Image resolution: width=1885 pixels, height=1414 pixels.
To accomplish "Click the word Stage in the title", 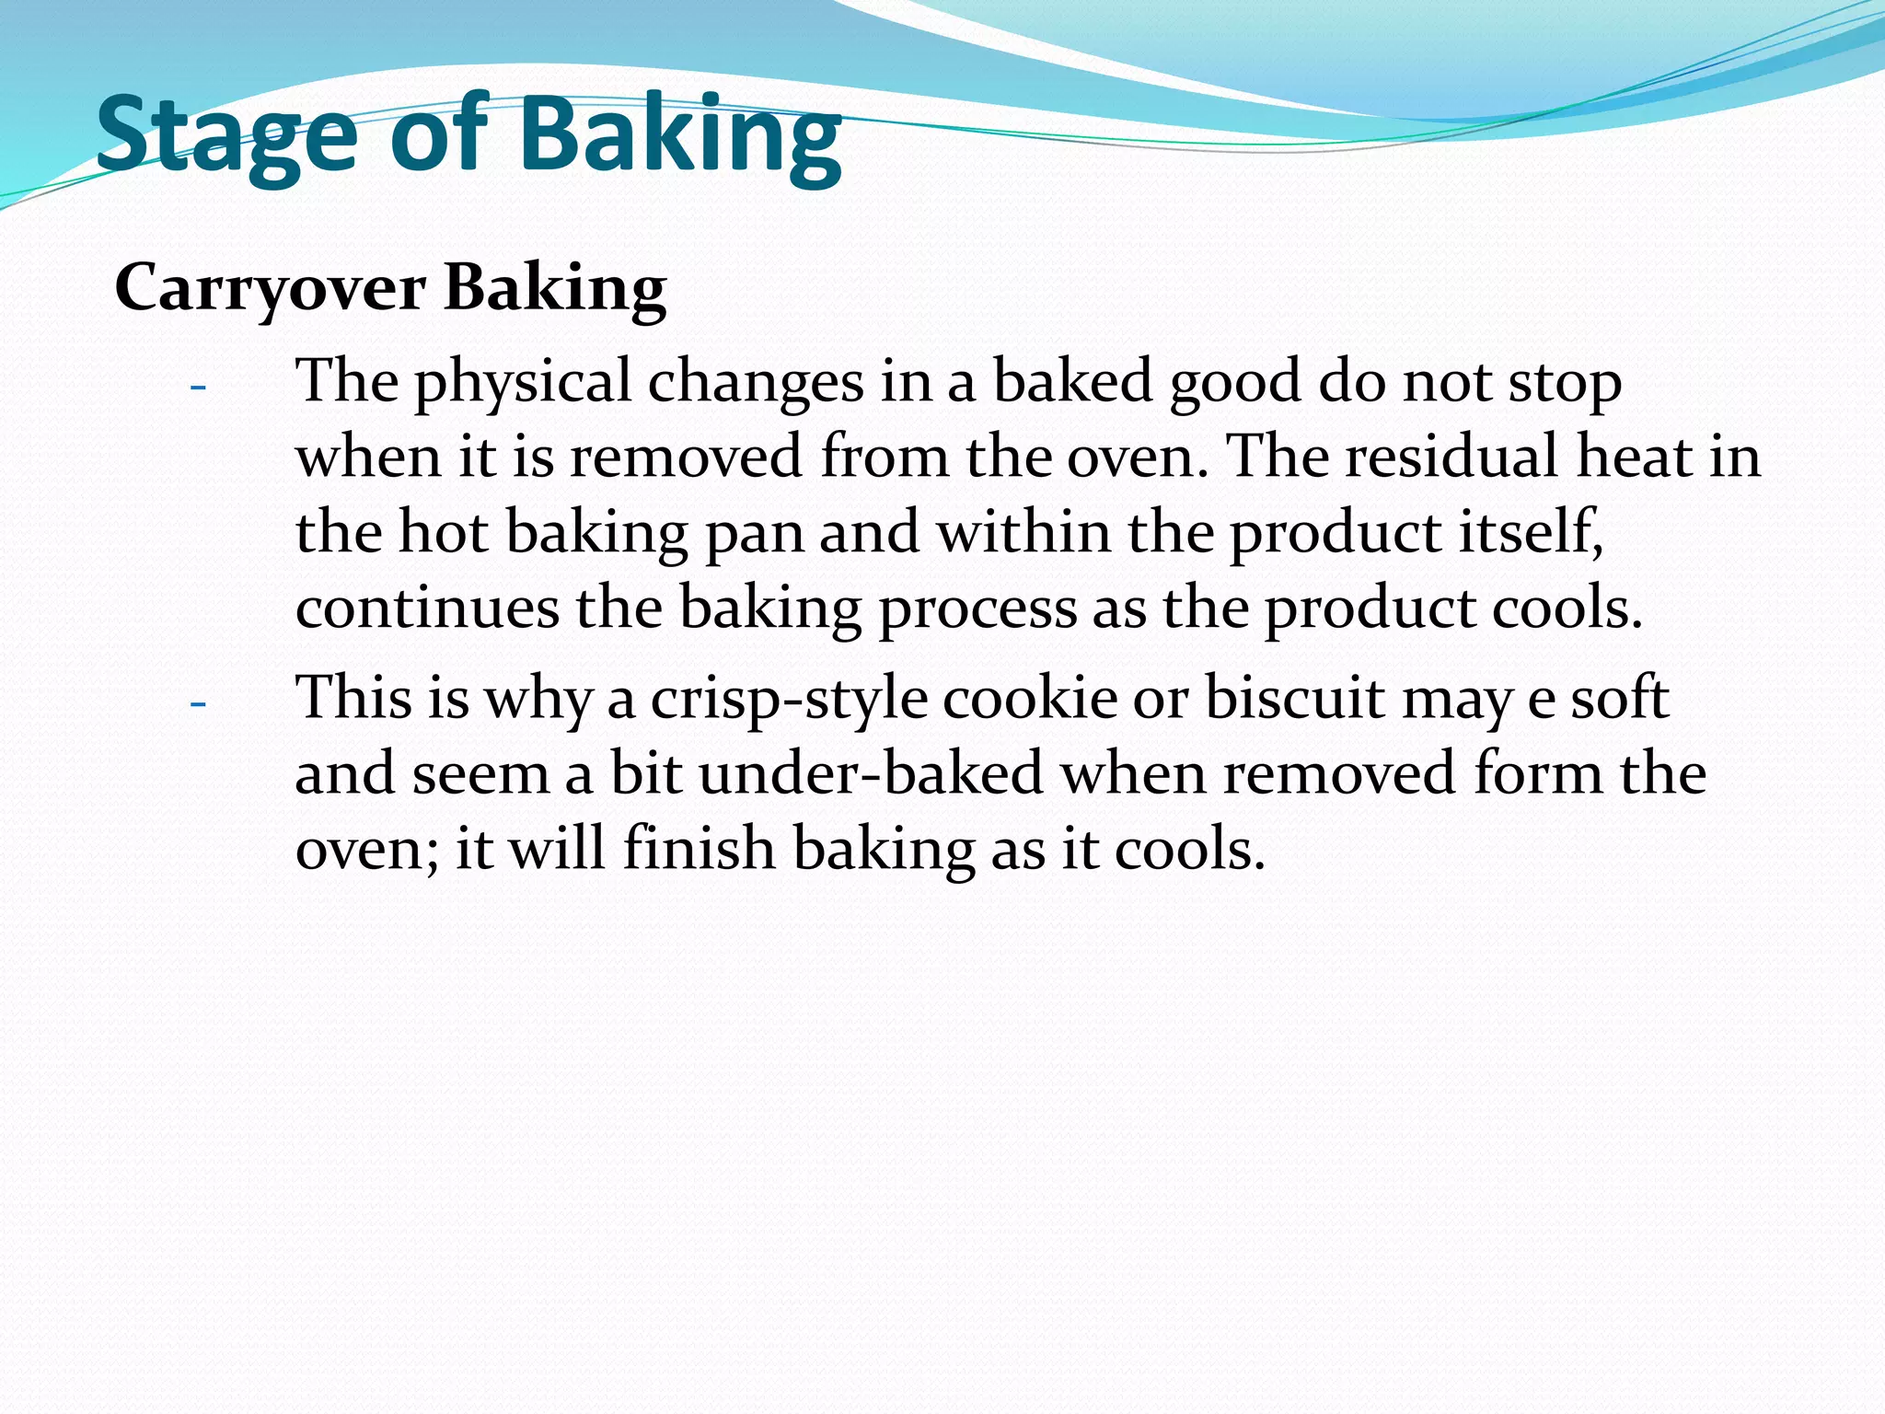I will [226, 135].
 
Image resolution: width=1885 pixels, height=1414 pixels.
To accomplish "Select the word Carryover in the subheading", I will [270, 288].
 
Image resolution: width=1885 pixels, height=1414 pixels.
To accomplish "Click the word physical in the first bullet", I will [522, 382].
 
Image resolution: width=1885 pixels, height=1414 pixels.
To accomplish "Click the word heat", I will [1634, 457].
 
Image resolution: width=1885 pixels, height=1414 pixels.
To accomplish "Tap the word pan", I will [754, 534].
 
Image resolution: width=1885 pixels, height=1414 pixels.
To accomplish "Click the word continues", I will [427, 608].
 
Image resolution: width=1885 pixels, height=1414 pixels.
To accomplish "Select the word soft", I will [1619, 698].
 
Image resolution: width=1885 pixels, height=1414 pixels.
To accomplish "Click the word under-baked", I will [871, 773].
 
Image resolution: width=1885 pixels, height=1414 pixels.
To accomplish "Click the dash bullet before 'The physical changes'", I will [197, 387].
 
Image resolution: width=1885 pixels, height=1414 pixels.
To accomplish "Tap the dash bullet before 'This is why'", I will [197, 704].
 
